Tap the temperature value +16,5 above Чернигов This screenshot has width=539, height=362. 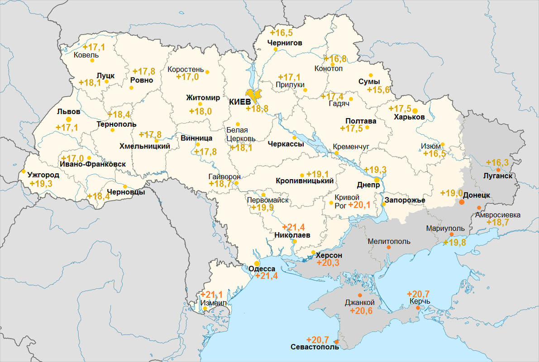pos(281,33)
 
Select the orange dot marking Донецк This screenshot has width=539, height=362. pos(462,202)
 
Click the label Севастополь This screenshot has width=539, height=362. pos(315,347)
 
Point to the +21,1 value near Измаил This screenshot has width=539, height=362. pos(211,295)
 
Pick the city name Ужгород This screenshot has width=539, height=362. pos(43,175)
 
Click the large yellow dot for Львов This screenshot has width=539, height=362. pos(69,119)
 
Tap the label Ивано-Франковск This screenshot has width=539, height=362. pos(92,164)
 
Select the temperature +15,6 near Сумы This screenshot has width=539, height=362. pos(378,90)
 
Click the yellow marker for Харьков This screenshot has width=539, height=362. pos(415,110)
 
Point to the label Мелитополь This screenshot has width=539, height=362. pos(389,241)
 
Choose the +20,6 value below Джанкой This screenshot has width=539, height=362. pos(361,311)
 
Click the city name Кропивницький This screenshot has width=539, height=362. pos(305,181)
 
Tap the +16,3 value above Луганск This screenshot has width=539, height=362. pos(497,163)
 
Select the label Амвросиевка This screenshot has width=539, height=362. pos(498,214)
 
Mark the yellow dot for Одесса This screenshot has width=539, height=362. pos(257,263)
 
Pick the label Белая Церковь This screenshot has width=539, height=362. pos(241,134)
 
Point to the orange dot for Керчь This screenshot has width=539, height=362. pos(418,308)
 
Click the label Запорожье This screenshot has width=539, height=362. pos(405,200)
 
